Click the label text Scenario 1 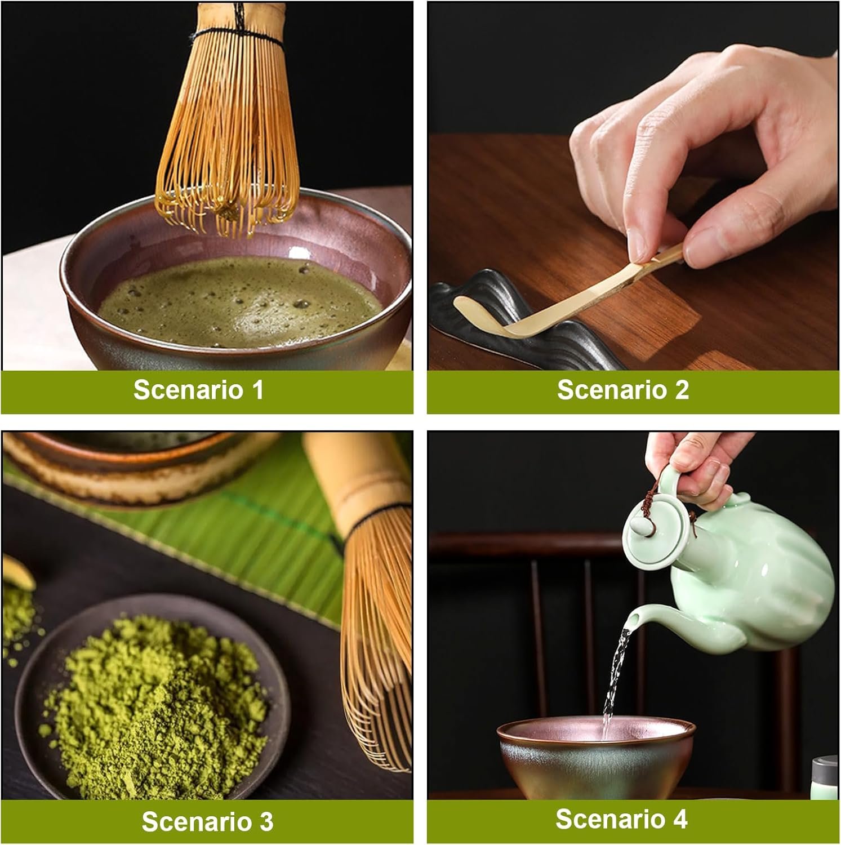coord(199,390)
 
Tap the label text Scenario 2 coord(623,390)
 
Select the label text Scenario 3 coord(207,821)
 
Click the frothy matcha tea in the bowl coord(239,301)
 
